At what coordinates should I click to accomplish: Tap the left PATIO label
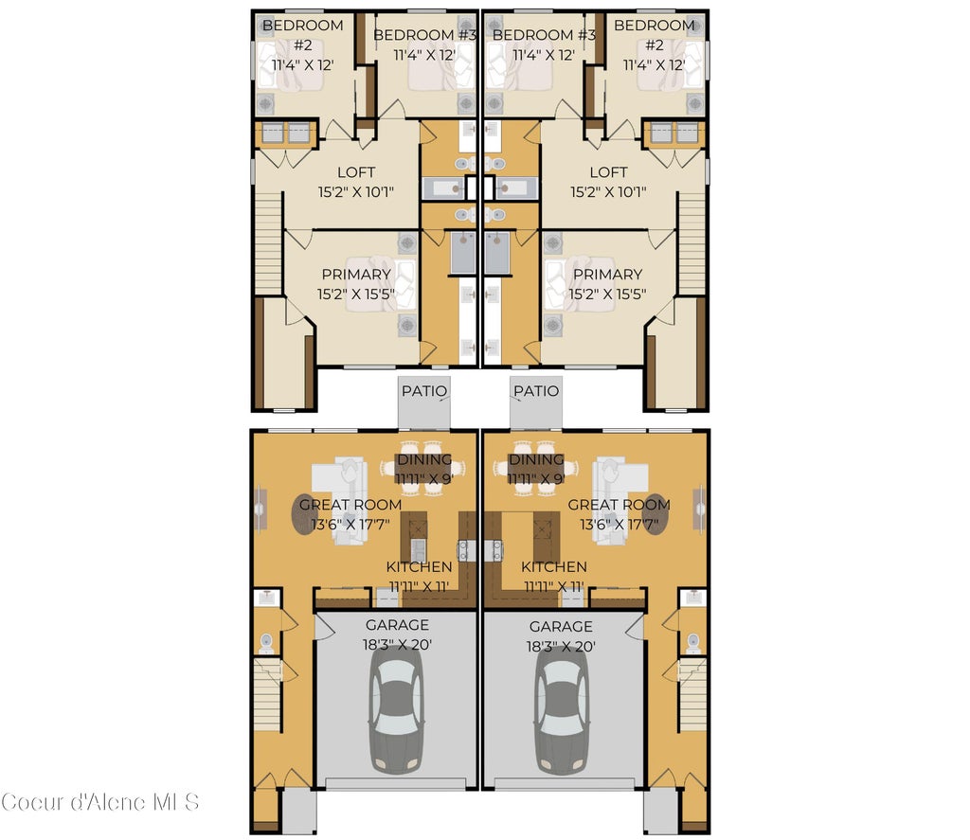pos(423,391)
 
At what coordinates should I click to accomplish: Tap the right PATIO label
pos(536,391)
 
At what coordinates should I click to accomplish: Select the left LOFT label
pos(356,172)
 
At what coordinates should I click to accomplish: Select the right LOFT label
pos(608,172)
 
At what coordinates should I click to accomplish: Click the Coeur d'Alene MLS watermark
pos(100,802)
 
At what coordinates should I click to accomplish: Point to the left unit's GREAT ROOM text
pos(350,505)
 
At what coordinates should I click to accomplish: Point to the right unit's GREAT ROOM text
pos(620,505)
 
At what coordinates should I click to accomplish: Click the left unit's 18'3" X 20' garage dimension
pos(397,645)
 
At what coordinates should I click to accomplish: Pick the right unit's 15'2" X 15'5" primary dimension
pos(607,294)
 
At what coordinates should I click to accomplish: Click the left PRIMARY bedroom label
pos(356,274)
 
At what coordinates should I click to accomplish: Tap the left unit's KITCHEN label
pos(419,566)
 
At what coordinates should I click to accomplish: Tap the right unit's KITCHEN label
pos(554,566)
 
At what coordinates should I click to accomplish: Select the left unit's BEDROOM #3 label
pos(425,35)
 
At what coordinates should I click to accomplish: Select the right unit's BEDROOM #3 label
pos(545,35)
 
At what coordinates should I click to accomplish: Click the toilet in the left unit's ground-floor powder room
pos(266,641)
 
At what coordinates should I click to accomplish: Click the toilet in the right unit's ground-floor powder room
pos(692,641)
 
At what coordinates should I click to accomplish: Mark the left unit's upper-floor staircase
pos(268,243)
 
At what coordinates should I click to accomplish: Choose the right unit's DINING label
pos(536,459)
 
